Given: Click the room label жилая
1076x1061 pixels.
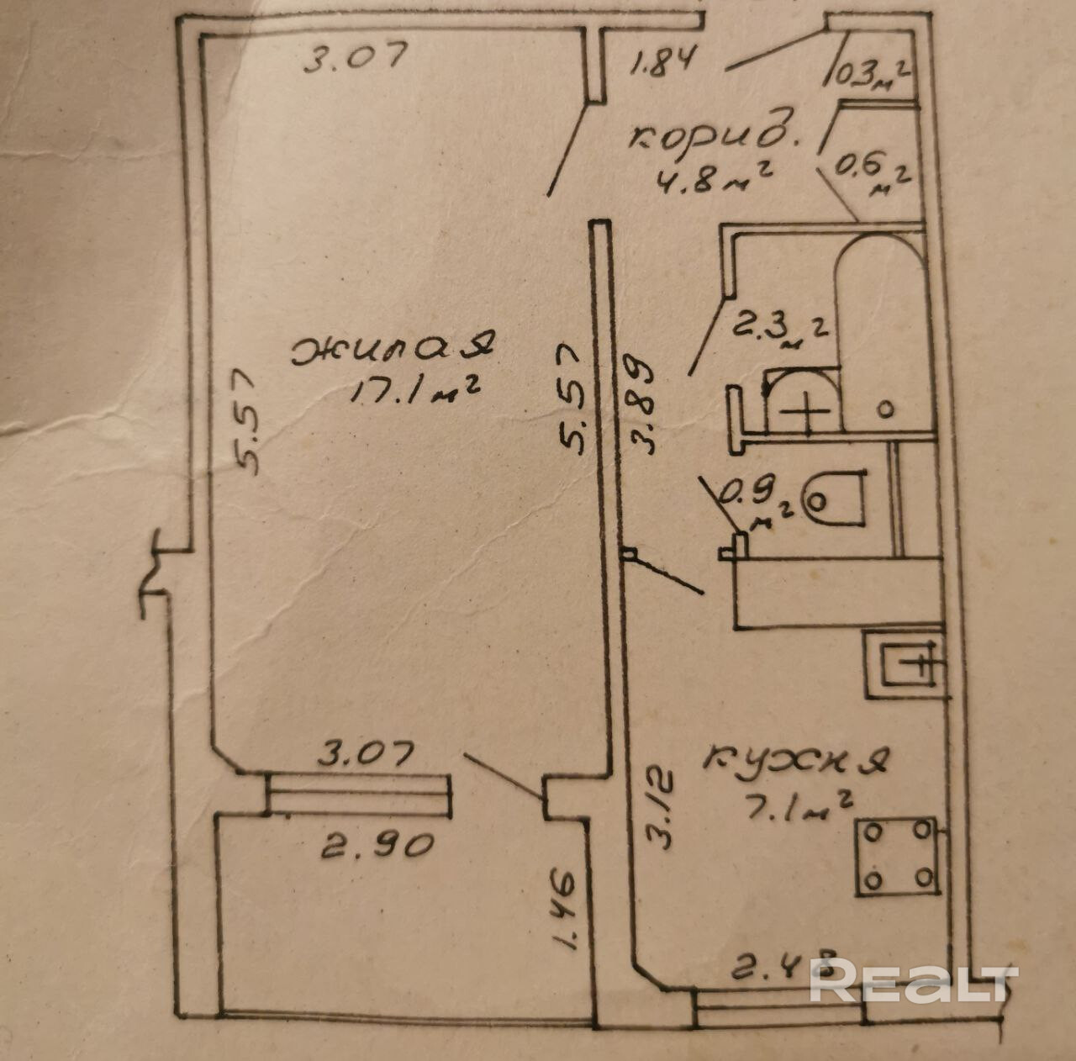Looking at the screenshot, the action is pyautogui.click(x=393, y=347).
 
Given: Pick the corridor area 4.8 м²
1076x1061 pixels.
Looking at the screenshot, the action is pyautogui.click(x=714, y=178).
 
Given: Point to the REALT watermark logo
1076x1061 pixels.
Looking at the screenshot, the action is pyautogui.click(x=914, y=980).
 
